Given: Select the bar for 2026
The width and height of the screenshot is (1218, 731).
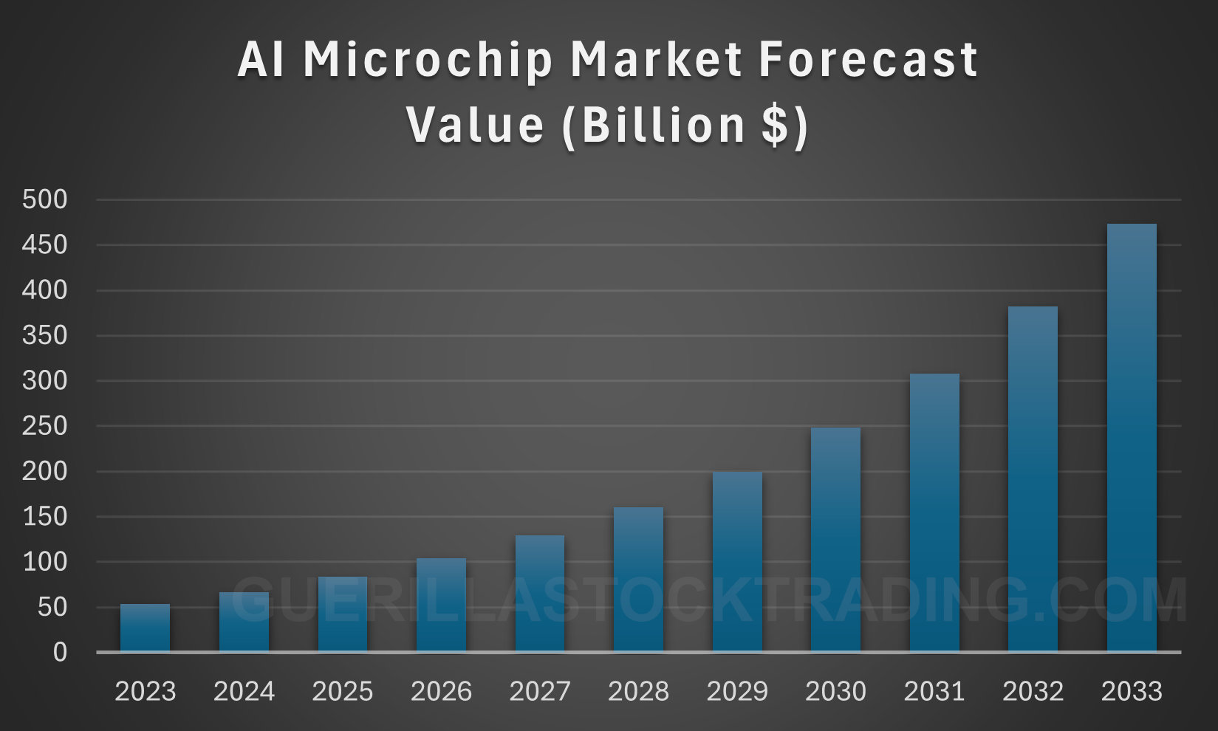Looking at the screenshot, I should click(x=441, y=605).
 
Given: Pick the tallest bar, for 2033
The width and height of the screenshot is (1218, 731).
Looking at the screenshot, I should click(x=1132, y=437).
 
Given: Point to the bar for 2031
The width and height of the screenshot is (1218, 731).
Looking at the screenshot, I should click(x=934, y=512).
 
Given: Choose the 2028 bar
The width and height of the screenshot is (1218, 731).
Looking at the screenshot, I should click(x=638, y=579).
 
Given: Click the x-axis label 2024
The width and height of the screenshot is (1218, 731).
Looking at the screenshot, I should click(x=244, y=692).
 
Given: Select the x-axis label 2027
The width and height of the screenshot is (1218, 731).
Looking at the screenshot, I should click(x=540, y=692).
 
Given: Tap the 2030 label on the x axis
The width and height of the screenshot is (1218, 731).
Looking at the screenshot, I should click(x=835, y=692).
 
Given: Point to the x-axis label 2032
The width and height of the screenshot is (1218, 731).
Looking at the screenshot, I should click(x=1033, y=692).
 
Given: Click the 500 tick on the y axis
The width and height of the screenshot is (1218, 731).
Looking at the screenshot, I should click(x=44, y=199).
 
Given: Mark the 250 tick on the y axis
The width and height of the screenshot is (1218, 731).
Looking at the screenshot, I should click(x=44, y=426).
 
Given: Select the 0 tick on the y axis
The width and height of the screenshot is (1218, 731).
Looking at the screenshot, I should click(x=60, y=653).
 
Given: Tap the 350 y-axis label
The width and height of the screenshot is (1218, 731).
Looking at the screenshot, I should click(x=44, y=335).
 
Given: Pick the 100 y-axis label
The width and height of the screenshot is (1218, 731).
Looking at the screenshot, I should click(x=44, y=562).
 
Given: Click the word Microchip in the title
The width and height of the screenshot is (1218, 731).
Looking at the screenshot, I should click(x=428, y=61).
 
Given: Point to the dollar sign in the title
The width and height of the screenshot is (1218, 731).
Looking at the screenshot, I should click(x=776, y=125).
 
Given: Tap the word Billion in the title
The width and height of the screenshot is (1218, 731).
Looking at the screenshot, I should click(x=663, y=125).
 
